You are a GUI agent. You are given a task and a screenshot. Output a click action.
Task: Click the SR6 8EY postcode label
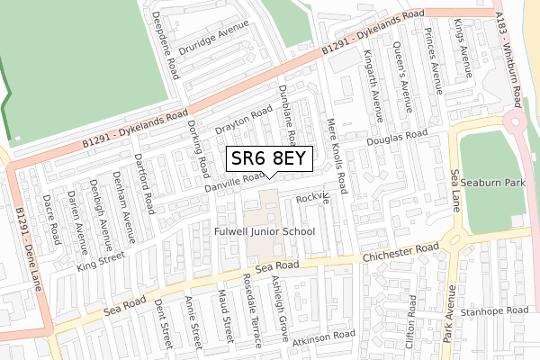click(x=269, y=159)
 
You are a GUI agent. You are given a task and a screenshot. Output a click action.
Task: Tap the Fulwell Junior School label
click(x=265, y=231)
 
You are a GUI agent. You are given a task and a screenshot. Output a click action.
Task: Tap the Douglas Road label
click(x=397, y=139)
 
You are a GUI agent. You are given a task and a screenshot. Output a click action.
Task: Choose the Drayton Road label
click(x=244, y=122)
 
